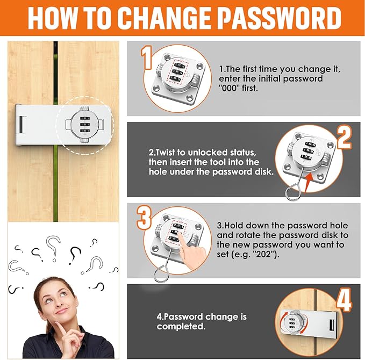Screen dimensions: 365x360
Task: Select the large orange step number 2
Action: tap(344, 138)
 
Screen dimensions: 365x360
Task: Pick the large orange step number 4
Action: tap(344, 300)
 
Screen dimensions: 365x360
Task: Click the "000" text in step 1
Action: tap(228, 88)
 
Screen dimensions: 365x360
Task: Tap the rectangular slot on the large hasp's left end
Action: tap(21, 125)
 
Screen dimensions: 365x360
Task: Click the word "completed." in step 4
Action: tap(181, 326)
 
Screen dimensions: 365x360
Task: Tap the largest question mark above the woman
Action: tap(54, 247)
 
